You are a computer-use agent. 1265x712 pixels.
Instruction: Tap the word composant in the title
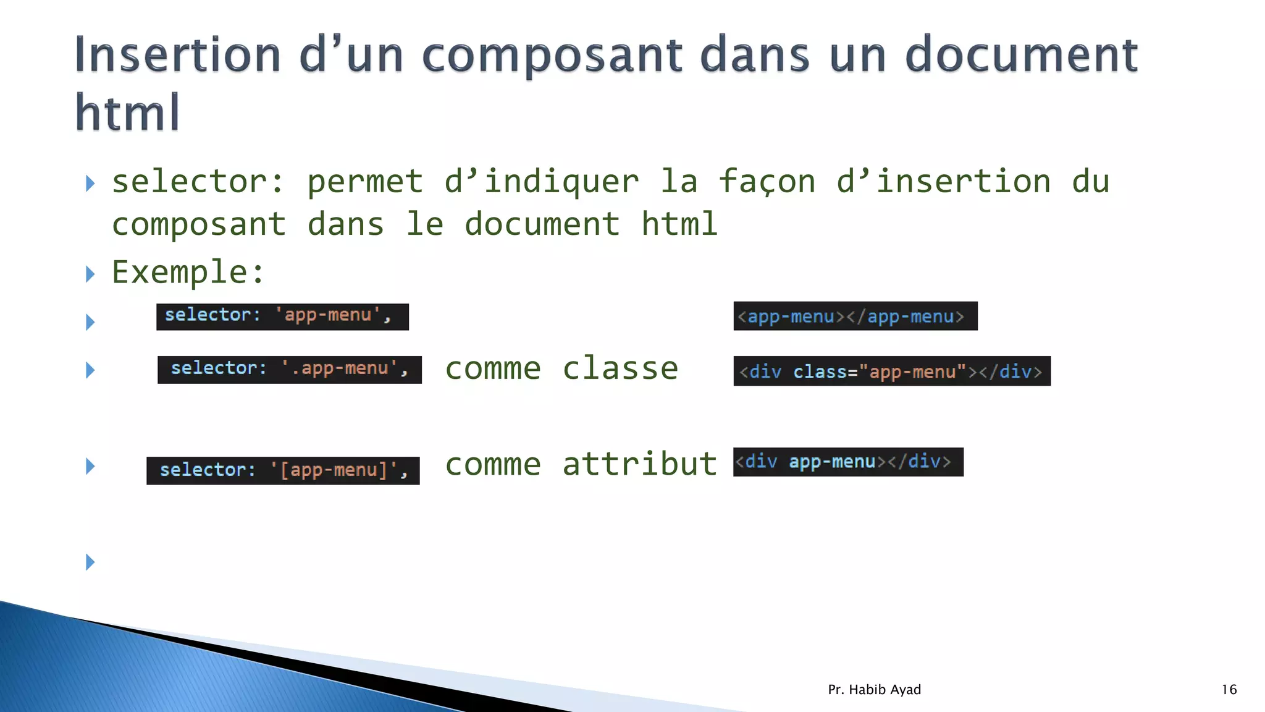pos(552,56)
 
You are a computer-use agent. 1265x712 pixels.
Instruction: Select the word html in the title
pos(127,112)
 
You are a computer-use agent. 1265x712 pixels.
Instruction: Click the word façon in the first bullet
pos(767,182)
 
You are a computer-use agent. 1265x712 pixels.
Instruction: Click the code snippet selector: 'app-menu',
pos(282,316)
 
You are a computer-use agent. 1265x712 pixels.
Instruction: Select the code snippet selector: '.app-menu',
pos(289,370)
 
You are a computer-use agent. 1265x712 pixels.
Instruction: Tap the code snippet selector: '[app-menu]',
pos(283,470)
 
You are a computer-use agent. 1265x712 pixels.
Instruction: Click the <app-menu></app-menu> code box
pos(855,316)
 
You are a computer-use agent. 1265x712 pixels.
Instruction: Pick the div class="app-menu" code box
pos(891,371)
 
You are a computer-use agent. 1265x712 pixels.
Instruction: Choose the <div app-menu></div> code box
pos(847,462)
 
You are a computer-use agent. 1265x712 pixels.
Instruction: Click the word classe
pos(620,369)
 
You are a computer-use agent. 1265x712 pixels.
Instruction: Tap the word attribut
pos(639,464)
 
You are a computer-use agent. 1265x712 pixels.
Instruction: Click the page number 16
pos(1229,689)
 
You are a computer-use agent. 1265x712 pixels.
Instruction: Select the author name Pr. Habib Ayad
pos(874,689)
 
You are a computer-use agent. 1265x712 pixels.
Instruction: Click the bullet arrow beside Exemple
pos(90,274)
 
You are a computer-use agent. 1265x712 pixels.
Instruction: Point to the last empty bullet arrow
pos(90,562)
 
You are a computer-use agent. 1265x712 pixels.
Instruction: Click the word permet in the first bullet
pos(365,182)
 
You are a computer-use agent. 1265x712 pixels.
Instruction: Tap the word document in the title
pos(1021,56)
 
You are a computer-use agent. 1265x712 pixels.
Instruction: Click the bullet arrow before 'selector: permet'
pos(90,183)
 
